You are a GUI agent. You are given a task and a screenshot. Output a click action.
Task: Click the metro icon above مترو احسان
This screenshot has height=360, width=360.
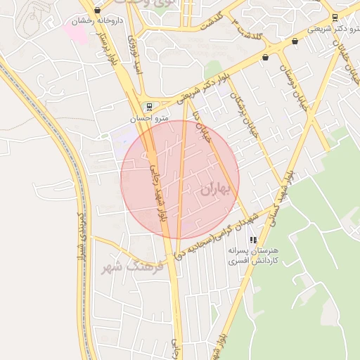[x=148, y=106]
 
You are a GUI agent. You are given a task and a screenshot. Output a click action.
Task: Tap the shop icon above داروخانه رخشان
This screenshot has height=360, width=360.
[x=96, y=11]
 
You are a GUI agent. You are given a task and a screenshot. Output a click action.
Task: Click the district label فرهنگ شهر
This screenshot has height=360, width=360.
[x=132, y=267]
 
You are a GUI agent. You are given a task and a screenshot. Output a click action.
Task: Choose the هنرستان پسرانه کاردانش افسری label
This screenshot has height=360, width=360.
[x=252, y=255]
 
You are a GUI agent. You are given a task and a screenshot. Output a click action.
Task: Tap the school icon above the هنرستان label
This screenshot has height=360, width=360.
[x=253, y=240]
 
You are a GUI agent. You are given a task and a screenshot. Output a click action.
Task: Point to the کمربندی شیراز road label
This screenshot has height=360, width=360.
[x=82, y=235]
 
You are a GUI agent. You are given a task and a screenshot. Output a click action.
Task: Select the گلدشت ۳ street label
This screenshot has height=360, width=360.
[x=248, y=33]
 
